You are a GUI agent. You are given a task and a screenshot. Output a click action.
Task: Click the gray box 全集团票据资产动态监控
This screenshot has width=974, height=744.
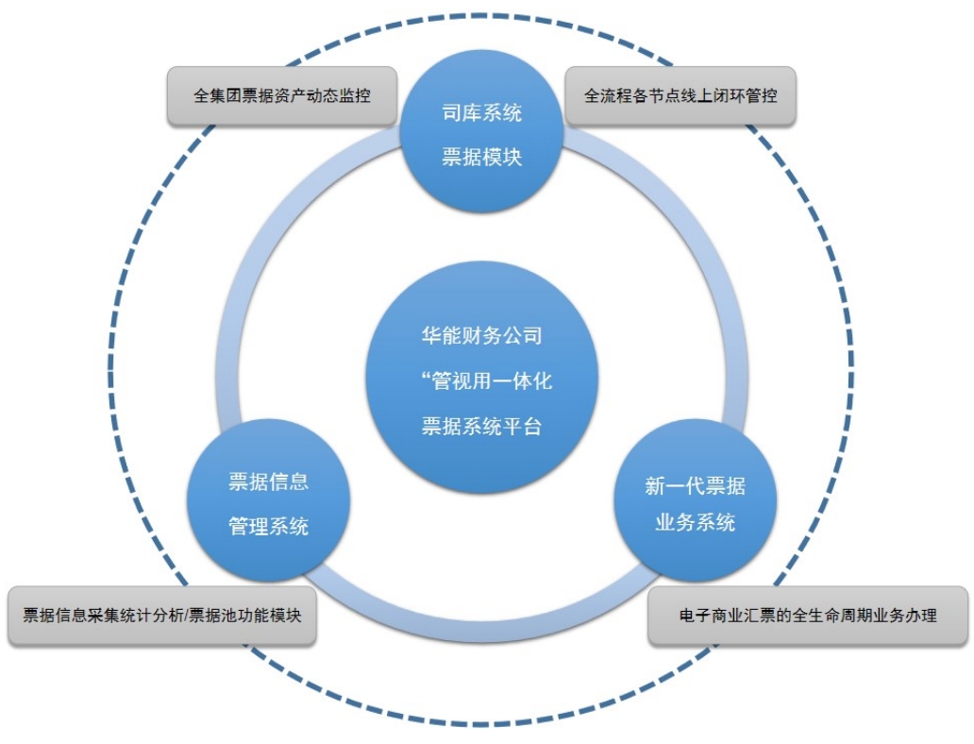[281, 95]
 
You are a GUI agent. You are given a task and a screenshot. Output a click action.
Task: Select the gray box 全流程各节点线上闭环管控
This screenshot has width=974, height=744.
[680, 95]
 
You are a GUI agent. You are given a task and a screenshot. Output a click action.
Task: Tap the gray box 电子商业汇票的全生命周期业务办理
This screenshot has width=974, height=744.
[808, 616]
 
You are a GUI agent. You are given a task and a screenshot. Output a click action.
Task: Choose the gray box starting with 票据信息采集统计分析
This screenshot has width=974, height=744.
[161, 616]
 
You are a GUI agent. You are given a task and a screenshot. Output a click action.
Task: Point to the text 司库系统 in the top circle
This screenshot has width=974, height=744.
[482, 114]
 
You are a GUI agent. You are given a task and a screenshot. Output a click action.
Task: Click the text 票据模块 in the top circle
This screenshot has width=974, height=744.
[482, 157]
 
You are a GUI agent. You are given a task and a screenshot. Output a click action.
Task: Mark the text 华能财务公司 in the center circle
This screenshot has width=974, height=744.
[481, 335]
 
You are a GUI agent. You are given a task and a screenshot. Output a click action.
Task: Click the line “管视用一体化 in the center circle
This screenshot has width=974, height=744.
[487, 380]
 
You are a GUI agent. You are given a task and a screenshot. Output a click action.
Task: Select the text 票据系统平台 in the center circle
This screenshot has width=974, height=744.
[481, 426]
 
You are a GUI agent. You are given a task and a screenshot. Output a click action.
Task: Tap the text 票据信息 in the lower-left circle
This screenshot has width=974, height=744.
[268, 482]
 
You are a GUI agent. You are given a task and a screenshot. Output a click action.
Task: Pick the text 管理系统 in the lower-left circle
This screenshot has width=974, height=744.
[268, 526]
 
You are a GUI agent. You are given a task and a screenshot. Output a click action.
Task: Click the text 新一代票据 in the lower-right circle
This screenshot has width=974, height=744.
[695, 485]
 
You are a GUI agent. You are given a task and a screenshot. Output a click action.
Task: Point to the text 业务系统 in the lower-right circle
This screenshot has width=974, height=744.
[695, 522]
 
